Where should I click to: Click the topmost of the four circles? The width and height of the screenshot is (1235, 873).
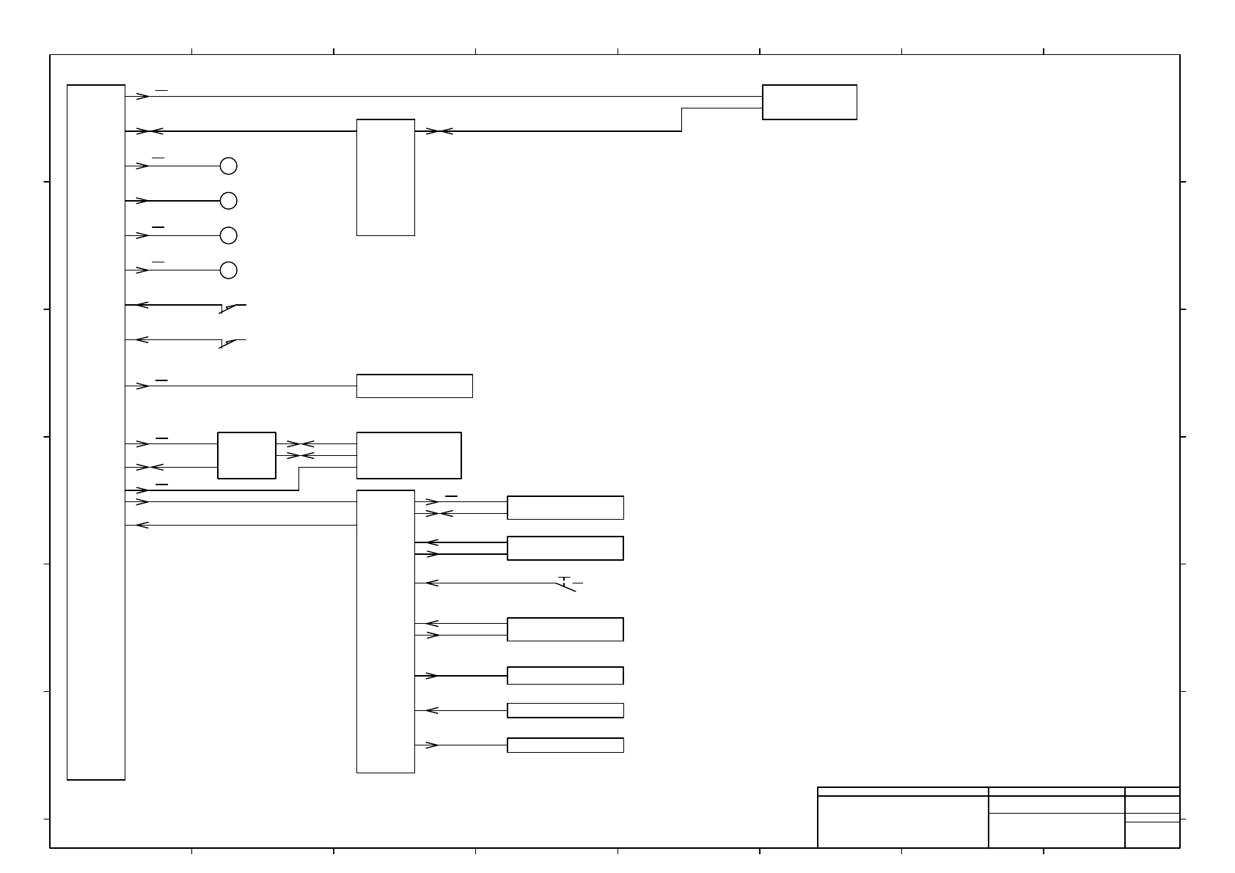(x=229, y=166)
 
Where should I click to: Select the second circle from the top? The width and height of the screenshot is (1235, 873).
(x=229, y=201)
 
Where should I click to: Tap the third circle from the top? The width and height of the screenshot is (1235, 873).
(x=229, y=235)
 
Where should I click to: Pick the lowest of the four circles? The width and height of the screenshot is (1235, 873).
(x=229, y=270)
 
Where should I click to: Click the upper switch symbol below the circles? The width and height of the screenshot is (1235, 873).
(x=232, y=308)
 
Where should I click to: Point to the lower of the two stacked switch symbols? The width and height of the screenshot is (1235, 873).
(x=232, y=342)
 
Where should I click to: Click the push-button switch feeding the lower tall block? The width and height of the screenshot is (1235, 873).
(x=566, y=584)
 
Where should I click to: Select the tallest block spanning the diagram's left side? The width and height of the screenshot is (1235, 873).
(x=96, y=432)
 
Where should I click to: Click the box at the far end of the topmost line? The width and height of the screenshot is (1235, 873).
(x=810, y=102)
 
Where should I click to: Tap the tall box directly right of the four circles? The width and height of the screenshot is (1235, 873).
(x=386, y=177)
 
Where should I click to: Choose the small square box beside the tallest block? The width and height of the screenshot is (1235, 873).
(x=247, y=455)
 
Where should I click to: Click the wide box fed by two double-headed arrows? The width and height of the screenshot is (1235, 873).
(x=408, y=455)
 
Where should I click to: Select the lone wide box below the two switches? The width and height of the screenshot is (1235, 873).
(x=414, y=386)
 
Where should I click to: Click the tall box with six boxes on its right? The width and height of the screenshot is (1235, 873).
(x=386, y=631)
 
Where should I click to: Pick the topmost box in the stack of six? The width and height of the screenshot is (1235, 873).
(x=565, y=508)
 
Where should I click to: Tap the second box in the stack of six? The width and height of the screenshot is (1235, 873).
(x=565, y=548)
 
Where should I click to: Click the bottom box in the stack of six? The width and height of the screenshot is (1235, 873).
(x=565, y=745)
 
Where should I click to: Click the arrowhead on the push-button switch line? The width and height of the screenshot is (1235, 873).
(x=432, y=583)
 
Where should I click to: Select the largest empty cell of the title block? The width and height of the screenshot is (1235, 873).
(x=903, y=822)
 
